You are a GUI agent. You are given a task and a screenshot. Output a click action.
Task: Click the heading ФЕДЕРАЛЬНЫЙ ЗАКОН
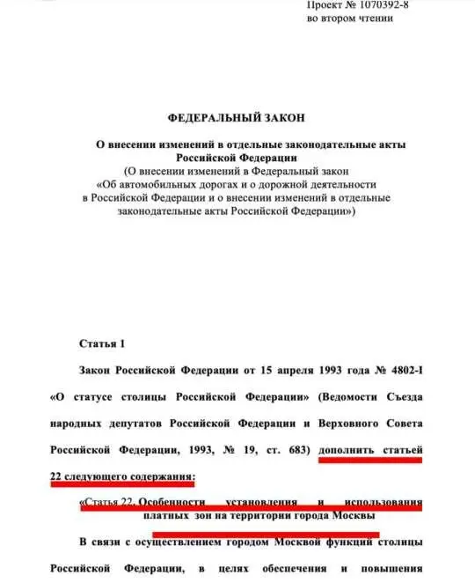coord(237,116)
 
